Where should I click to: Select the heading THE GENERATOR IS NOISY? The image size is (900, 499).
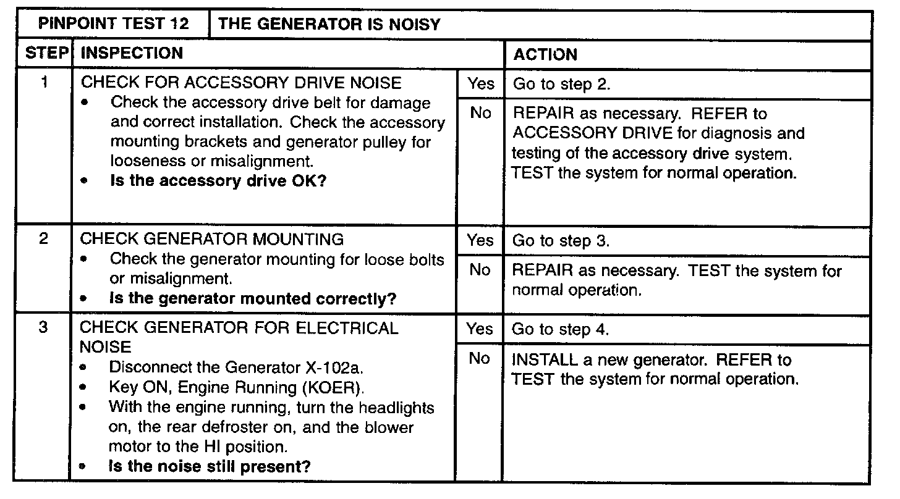click(329, 25)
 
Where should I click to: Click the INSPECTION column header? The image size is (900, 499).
click(132, 54)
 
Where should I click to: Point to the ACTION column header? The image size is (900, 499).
click(545, 54)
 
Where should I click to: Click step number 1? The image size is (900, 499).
click(45, 82)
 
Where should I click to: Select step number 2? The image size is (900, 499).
click(44, 239)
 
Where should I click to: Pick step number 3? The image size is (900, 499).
click(44, 328)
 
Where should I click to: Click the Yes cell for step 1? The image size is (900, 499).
click(480, 83)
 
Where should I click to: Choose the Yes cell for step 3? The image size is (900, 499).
click(479, 329)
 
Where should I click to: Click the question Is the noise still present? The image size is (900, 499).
click(210, 466)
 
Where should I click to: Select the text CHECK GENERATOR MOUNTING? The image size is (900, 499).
click(212, 239)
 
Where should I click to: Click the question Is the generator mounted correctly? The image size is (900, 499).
click(252, 299)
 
